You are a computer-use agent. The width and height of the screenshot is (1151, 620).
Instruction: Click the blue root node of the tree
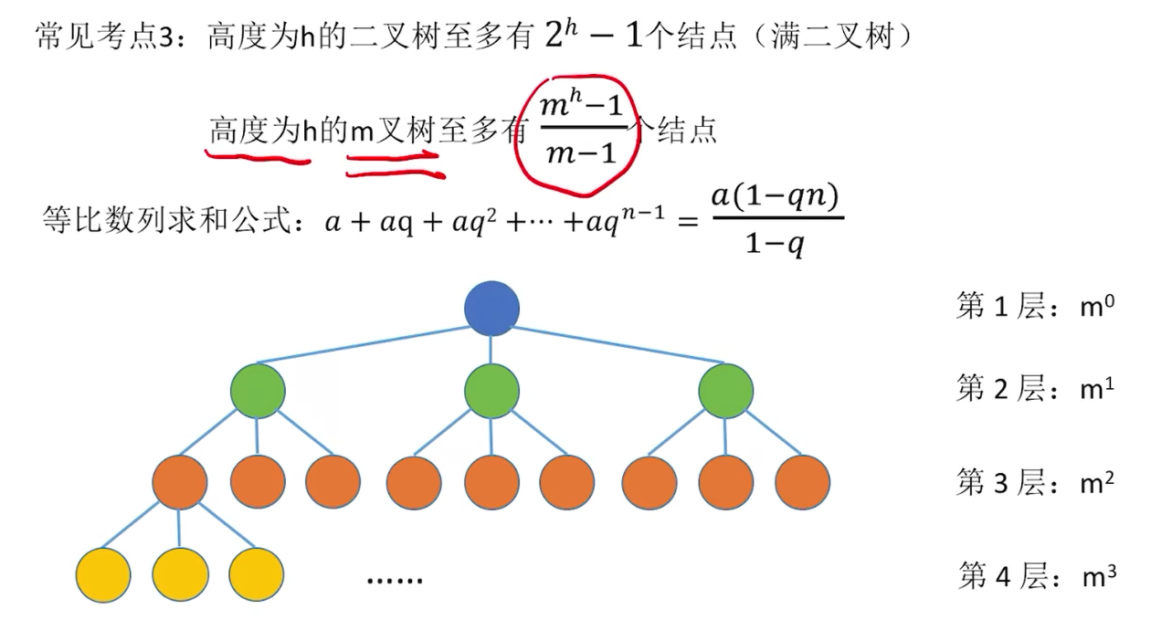point(491,308)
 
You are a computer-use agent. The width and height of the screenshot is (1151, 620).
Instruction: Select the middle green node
point(491,392)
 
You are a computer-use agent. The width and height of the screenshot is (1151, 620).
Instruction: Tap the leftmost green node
point(258,392)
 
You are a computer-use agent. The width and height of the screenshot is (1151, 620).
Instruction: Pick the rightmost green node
point(726,392)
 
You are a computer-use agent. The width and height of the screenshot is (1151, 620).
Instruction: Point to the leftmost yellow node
point(102,573)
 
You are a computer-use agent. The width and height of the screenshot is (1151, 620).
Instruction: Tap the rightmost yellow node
point(257,573)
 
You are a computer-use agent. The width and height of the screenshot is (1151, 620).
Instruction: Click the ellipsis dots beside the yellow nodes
point(395,580)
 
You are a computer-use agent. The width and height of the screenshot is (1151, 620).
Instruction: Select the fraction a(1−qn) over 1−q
point(776,222)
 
